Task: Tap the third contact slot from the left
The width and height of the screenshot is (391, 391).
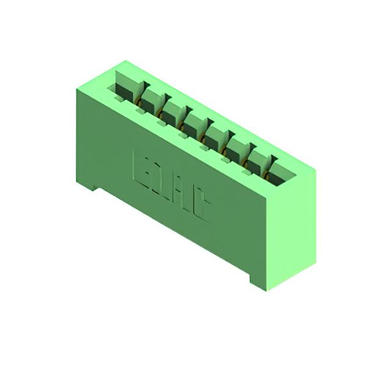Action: click(172, 111)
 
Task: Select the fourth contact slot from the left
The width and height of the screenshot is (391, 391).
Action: click(195, 122)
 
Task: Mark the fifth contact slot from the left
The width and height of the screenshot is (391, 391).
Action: click(216, 132)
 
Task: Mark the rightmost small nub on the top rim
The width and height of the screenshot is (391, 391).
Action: click(245, 162)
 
